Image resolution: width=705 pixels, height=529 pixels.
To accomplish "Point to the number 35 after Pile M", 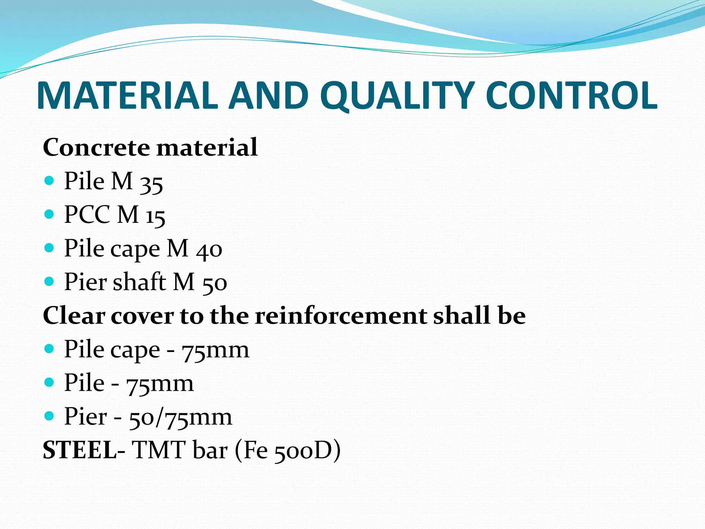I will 151,183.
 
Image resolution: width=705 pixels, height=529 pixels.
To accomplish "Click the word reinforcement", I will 340,315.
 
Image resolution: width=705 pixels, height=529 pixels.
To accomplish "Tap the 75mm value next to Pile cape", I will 215,350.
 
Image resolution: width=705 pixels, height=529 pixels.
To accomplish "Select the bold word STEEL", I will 80,450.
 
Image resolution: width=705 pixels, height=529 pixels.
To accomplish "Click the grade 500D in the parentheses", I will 303,451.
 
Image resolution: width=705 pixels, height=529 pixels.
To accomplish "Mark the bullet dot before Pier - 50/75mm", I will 50,416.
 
